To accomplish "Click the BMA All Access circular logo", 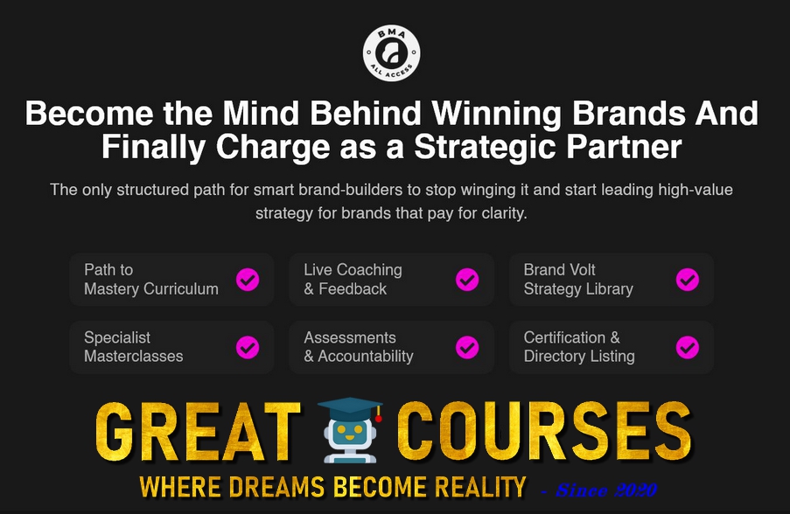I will click(391, 52).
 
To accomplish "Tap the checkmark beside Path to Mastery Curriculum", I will click(248, 280).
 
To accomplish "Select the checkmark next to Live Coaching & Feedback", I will click(467, 280).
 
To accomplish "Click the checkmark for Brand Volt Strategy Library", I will click(688, 280).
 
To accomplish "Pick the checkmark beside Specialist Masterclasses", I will click(248, 347).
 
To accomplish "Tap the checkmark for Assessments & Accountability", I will click(467, 347).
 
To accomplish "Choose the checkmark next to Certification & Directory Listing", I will click(688, 347).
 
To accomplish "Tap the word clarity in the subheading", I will click(500, 213).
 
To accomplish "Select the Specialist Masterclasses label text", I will click(133, 347).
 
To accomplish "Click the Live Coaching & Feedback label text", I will click(353, 280).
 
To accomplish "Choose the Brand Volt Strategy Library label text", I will click(577, 280).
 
